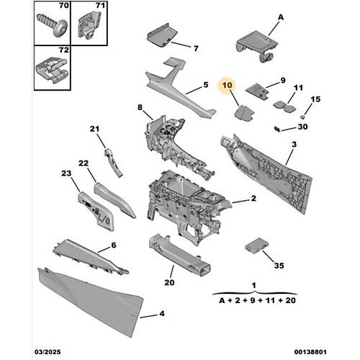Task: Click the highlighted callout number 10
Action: (x=227, y=85)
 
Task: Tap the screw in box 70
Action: (x=53, y=24)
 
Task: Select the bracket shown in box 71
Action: (x=89, y=25)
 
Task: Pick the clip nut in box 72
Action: (x=52, y=70)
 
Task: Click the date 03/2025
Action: (x=48, y=352)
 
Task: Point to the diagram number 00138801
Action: (x=310, y=352)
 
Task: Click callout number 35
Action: (x=279, y=266)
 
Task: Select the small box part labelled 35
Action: (x=256, y=245)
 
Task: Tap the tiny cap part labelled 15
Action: (x=302, y=117)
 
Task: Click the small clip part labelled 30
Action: (x=277, y=129)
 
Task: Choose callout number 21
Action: (x=94, y=129)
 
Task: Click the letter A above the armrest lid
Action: (x=281, y=17)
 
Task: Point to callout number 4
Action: (x=162, y=313)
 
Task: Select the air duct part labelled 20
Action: (x=179, y=255)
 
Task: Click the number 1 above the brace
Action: (x=254, y=285)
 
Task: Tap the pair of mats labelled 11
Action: (x=284, y=107)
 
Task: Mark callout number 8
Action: (x=140, y=107)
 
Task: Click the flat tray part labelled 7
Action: (x=162, y=35)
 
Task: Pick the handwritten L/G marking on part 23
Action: (x=104, y=219)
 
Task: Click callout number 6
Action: (x=114, y=245)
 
